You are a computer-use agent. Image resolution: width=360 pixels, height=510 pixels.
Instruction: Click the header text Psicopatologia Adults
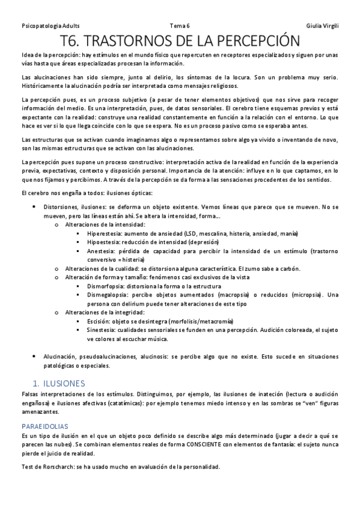(50, 26)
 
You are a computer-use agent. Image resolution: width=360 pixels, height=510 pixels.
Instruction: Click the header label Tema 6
(180, 26)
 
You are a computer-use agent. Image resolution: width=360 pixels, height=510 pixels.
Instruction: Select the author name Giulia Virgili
(322, 26)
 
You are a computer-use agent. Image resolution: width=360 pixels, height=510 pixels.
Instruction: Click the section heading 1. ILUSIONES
(59, 383)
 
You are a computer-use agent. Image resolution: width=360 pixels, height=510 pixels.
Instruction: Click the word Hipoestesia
(105, 242)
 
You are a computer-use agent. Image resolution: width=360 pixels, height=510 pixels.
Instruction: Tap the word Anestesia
(102, 251)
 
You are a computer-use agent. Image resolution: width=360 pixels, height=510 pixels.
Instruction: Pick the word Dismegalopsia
(109, 295)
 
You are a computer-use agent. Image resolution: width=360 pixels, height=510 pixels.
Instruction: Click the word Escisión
(99, 322)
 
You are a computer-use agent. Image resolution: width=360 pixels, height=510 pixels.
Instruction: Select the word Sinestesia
(102, 330)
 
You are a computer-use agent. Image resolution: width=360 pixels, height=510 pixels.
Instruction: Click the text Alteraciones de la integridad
(105, 313)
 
